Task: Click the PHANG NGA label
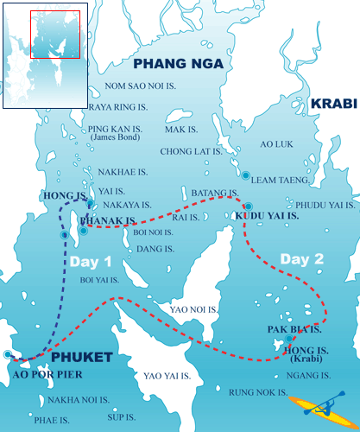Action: point(178,64)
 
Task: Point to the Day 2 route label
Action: point(301,257)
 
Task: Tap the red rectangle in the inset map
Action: point(54,35)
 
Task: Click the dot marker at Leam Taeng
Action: point(246,175)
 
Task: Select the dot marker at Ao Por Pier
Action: point(8,354)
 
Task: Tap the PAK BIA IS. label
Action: point(294,330)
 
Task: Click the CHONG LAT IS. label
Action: point(186,151)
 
